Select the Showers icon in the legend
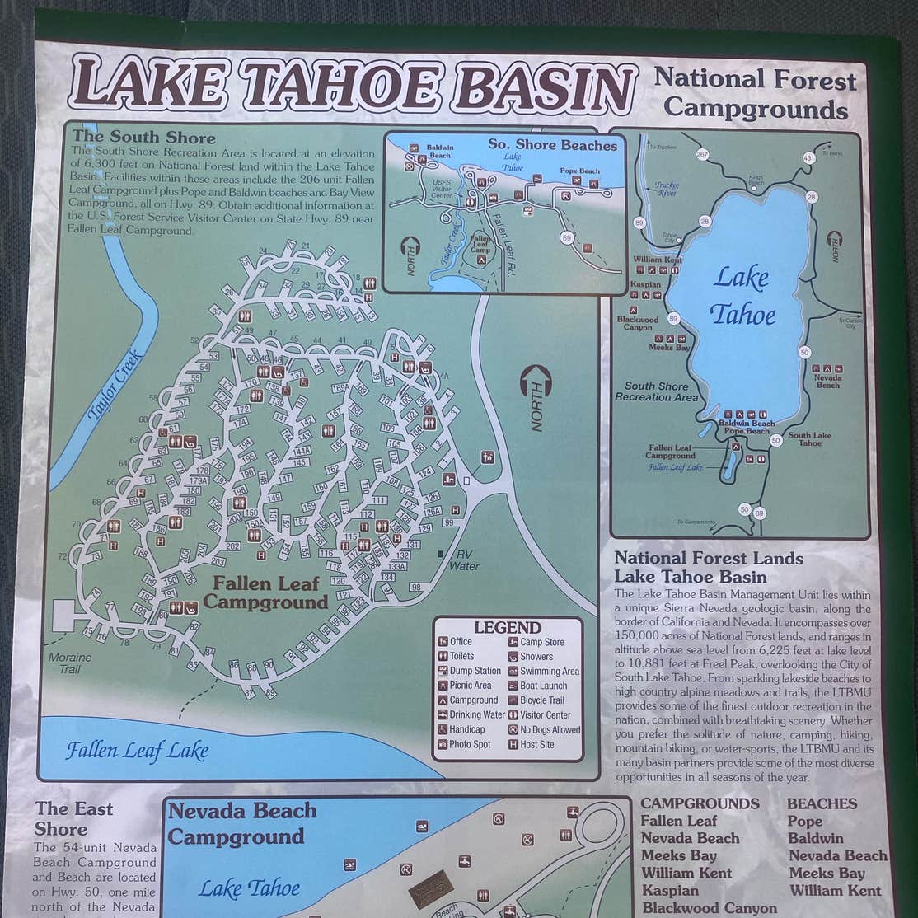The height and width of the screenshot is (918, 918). pos(512,657)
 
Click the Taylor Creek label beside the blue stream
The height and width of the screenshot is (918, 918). pos(116,387)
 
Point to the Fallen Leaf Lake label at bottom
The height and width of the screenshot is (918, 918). pos(137,751)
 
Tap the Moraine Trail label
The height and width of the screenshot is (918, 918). pos(70,663)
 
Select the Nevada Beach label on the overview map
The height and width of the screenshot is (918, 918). pos(827,381)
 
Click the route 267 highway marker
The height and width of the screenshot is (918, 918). pos(702,154)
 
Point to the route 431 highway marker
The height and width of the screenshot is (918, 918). pos(808,157)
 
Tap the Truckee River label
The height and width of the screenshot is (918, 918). pos(666,190)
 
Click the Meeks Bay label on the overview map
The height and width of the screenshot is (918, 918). pos(669,348)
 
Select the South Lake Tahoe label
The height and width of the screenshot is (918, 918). pos(809,438)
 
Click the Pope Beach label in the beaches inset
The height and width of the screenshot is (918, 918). pos(579,171)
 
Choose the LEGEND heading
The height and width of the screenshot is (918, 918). pos(507,627)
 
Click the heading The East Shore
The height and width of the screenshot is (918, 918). pos(73,818)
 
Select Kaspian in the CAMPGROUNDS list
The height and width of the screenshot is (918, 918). pos(669,890)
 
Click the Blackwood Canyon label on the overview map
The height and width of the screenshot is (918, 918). pos(638,323)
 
